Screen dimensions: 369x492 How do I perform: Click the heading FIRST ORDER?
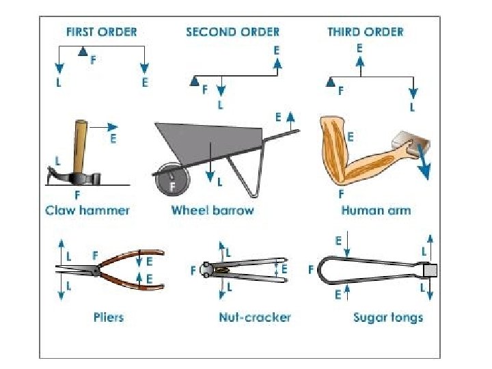pyautogui.click(x=101, y=32)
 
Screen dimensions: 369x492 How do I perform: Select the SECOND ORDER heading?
pyautogui.click(x=232, y=32)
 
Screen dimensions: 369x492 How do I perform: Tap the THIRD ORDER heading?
pyautogui.click(x=365, y=32)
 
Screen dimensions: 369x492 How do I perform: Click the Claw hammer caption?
pyautogui.click(x=87, y=210)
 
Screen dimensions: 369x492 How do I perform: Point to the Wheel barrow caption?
pyautogui.click(x=213, y=210)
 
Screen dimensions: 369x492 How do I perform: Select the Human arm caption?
pyautogui.click(x=376, y=210)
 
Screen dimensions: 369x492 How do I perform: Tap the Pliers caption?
pyautogui.click(x=109, y=317)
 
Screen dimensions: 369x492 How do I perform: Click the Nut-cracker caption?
pyautogui.click(x=255, y=317)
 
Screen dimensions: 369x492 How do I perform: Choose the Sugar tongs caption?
pyautogui.click(x=388, y=317)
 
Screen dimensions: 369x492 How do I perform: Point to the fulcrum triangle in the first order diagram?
pyautogui.click(x=83, y=50)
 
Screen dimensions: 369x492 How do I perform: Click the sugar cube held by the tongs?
pyautogui.click(x=430, y=271)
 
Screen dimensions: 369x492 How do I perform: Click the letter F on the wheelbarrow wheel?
pyautogui.click(x=173, y=185)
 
